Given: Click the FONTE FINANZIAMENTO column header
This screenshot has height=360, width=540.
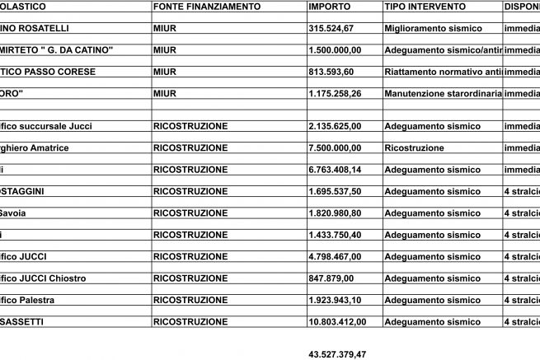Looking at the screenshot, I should click(x=207, y=7).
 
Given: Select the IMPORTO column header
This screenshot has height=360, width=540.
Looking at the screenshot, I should click(x=329, y=7).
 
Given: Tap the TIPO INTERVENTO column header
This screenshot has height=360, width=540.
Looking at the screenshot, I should click(x=425, y=7).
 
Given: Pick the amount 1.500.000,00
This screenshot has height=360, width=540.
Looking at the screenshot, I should click(x=338, y=50).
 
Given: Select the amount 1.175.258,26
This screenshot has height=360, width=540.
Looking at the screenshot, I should click(x=338, y=93).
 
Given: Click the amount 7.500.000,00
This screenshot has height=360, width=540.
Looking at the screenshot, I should click(x=338, y=147).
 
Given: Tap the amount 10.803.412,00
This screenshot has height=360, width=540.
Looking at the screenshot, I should click(x=340, y=321).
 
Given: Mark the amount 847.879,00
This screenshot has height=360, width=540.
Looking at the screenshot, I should click(x=330, y=278).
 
